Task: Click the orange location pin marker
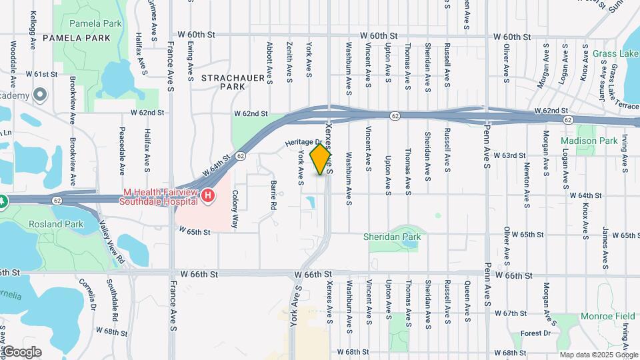click(x=321, y=159)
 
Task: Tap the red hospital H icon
click(x=209, y=195)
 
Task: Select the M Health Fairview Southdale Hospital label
click(x=160, y=197)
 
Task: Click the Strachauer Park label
click(x=224, y=82)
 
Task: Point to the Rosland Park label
click(x=55, y=224)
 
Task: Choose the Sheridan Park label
click(x=392, y=236)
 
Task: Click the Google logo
click(x=22, y=352)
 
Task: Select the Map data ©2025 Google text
click(x=599, y=354)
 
